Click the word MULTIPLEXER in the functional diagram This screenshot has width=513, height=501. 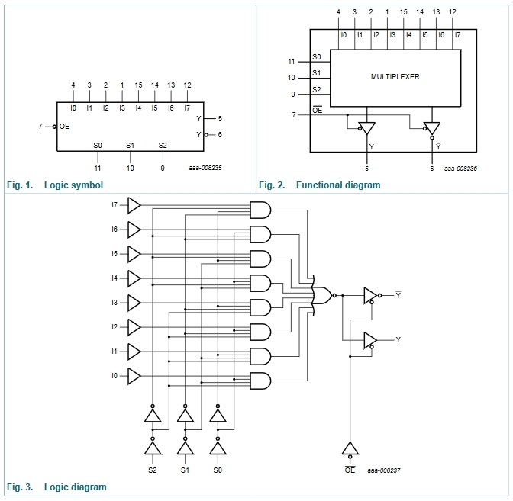(395, 77)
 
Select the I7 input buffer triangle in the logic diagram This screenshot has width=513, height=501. (134, 205)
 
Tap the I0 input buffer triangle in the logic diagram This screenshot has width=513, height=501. (134, 376)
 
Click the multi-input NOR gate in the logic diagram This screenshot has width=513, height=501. (322, 295)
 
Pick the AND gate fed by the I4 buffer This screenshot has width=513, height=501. (260, 284)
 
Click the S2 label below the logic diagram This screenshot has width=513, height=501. (153, 470)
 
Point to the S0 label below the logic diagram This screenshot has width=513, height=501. (218, 470)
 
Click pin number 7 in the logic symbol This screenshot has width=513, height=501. (40, 126)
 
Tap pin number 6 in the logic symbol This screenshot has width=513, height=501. (220, 135)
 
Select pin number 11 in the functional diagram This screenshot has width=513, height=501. (291, 62)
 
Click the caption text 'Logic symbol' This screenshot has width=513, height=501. (73, 185)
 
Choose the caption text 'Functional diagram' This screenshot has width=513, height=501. (338, 185)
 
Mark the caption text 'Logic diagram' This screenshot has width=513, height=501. (76, 487)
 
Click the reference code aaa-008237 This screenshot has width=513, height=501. (384, 470)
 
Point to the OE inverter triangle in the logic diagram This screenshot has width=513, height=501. (350, 448)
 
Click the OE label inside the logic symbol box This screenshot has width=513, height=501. (64, 126)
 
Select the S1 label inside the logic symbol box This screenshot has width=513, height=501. (131, 145)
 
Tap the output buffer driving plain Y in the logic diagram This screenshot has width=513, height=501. (370, 340)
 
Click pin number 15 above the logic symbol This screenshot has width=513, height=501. (138, 85)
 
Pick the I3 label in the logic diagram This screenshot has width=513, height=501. (115, 303)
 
